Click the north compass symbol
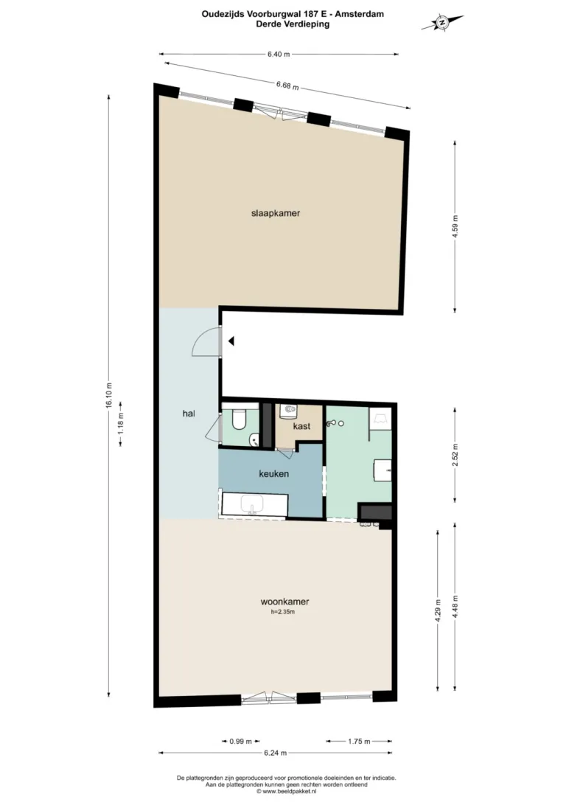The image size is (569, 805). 441,23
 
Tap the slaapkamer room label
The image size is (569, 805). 276,213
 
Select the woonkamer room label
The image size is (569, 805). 284,602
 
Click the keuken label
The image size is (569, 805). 273,473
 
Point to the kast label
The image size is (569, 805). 301,426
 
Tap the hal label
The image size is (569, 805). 189,414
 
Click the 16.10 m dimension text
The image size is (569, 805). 108,397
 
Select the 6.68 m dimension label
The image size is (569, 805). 287,86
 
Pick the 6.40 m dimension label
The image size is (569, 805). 279,54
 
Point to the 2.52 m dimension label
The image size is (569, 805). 455,454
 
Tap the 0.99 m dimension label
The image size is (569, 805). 240,742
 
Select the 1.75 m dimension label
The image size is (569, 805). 359,742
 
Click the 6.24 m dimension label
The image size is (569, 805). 276,753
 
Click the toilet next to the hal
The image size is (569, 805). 239,419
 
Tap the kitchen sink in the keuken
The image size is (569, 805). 251,505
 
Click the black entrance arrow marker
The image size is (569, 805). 231,341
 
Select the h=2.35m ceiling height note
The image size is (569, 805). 283,612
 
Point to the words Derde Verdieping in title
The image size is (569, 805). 293,24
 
